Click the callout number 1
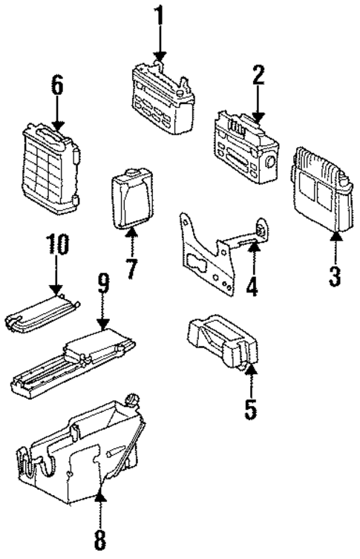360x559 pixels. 159,15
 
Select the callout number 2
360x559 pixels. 258,75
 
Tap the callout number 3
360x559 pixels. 335,276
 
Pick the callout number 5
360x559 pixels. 251,408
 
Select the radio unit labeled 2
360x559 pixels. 243,141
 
